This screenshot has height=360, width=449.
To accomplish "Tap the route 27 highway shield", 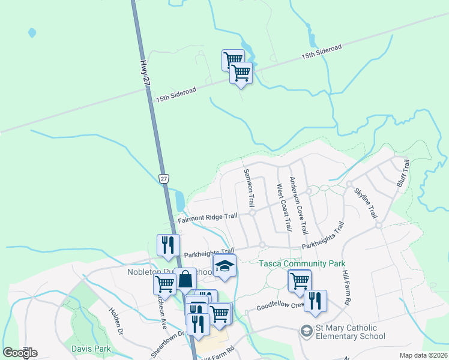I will pyautogui.click(x=164, y=178).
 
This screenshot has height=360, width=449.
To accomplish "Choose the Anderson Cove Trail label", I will pyautogui.click(x=298, y=205).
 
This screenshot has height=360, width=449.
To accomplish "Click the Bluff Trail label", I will pyautogui.click(x=402, y=173).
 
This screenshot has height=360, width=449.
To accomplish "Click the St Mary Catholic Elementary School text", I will pyautogui.click(x=350, y=332).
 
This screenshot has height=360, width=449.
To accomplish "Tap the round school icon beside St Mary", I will pyautogui.click(x=307, y=331).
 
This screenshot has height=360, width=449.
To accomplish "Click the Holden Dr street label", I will pyautogui.click(x=116, y=321).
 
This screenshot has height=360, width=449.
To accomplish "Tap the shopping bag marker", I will pyautogui.click(x=185, y=279).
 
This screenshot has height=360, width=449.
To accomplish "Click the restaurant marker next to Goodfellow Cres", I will pyautogui.click(x=315, y=301).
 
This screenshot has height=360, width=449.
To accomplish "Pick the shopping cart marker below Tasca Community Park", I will pyautogui.click(x=299, y=280).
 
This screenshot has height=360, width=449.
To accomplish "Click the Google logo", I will pyautogui.click(x=20, y=352).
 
